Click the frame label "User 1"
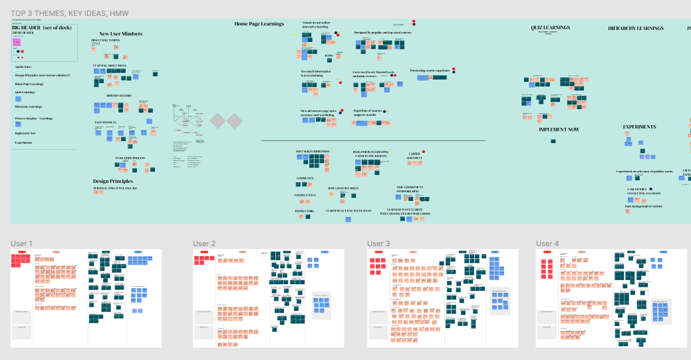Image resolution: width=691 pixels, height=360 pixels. point(21,244)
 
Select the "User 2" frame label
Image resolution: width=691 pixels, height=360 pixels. point(204,244)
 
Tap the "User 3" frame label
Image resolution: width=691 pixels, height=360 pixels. point(378,244)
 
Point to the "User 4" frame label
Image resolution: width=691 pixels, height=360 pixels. point(547,244)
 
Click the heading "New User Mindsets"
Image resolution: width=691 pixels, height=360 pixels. point(120,34)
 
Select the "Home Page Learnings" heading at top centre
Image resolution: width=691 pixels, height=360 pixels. point(259,24)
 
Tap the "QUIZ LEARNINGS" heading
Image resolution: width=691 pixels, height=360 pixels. point(550,27)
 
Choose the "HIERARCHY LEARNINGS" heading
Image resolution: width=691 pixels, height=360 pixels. point(635,29)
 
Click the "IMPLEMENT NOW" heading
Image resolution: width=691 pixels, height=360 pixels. point(559,130)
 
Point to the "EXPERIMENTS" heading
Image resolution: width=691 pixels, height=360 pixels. point(639,126)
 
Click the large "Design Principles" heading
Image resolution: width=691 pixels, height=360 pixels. point(112,181)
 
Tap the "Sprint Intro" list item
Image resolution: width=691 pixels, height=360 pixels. point(24,67)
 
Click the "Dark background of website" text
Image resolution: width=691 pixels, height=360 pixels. point(644,206)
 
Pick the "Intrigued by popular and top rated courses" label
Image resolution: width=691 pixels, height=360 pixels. point(382,31)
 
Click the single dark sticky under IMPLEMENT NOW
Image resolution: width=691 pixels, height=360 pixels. point(553,141)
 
